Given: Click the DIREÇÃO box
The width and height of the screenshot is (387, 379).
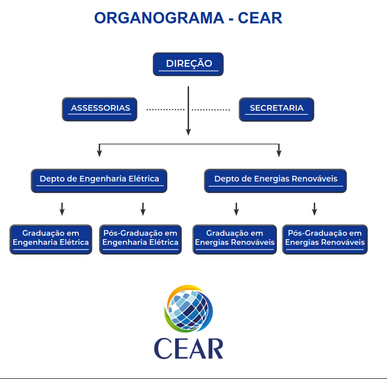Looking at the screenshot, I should (188, 64).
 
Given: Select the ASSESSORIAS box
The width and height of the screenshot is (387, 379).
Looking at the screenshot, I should (99, 108).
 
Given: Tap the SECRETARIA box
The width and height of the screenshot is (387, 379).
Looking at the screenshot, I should (276, 108).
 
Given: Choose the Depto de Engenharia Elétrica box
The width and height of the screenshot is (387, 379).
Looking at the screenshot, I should (99, 180).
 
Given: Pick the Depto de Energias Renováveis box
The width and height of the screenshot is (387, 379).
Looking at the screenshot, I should (275, 180).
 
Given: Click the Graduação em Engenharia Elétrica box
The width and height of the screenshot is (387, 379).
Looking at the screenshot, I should (51, 239).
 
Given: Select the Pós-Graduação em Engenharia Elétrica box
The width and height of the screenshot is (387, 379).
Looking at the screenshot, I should (140, 239).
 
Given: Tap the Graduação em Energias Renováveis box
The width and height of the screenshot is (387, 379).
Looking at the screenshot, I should (235, 239).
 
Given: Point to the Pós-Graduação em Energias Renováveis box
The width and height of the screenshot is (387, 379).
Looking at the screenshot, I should (325, 239).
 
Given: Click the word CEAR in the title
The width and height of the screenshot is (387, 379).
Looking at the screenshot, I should (260, 18).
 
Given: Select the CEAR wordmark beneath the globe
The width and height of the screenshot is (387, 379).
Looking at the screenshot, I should (188, 349).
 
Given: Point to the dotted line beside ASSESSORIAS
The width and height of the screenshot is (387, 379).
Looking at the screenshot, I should (165, 109).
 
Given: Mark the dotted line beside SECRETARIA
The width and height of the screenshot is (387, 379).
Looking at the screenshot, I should (211, 109).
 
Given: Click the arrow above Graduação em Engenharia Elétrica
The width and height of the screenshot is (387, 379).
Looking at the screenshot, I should (62, 209).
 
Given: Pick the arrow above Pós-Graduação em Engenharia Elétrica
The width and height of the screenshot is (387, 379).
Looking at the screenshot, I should (143, 209).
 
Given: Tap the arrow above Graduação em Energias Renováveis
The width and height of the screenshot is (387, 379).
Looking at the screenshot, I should (236, 209).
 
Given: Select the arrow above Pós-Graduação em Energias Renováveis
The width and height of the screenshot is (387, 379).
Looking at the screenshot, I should (314, 209).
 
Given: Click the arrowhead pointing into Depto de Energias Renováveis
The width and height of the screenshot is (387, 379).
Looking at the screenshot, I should (279, 153).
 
